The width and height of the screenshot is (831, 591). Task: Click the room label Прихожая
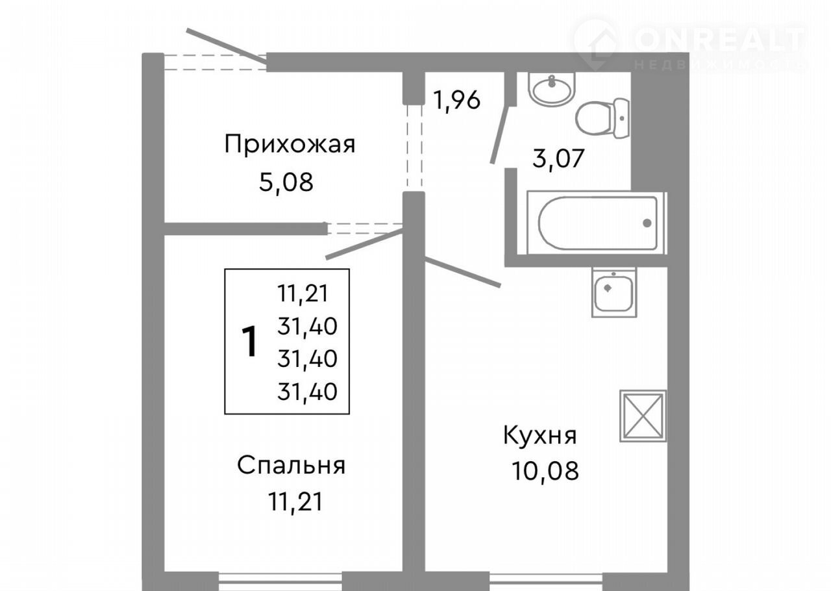[290, 145]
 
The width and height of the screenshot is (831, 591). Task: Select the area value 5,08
[286, 182]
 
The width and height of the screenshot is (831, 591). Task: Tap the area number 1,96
[456, 100]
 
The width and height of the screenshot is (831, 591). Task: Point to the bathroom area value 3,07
[558, 158]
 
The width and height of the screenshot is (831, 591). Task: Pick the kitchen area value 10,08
[545, 471]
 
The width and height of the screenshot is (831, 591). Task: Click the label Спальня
[291, 466]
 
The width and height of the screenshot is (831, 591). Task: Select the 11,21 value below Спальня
[295, 502]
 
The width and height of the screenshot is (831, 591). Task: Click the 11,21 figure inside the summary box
[303, 294]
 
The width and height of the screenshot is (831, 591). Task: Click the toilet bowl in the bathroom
[602, 118]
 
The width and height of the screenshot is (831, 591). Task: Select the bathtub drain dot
[647, 223]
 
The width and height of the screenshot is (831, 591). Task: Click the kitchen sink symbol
[614, 292]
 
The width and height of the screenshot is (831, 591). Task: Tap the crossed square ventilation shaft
[643, 416]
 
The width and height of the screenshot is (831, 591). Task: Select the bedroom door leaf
[364, 244]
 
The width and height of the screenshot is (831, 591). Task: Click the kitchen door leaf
[463, 271]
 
